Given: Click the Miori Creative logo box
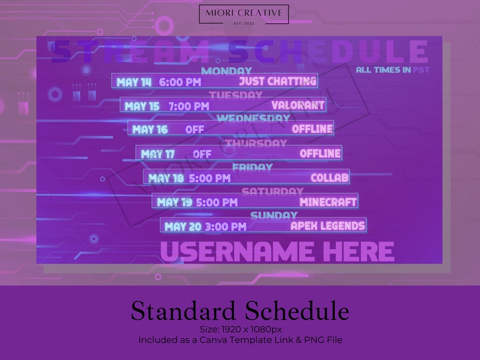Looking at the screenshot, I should pyautogui.click(x=244, y=14).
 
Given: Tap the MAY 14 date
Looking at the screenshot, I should pyautogui.click(x=134, y=82).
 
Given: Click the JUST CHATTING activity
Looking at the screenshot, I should pyautogui.click(x=277, y=81).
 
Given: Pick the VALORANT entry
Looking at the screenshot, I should pyautogui.click(x=297, y=105).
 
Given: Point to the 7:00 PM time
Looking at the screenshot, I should pyautogui.click(x=189, y=106).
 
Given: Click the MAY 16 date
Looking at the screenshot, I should pyautogui.click(x=150, y=129).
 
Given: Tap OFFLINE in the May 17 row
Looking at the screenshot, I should pyautogui.click(x=320, y=153).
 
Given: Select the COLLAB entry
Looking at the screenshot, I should pyautogui.click(x=329, y=178).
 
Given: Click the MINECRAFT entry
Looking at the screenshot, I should pyautogui.click(x=328, y=202).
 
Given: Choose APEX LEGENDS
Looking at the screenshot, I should pyautogui.click(x=328, y=226).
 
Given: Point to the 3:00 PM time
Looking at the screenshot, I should pyautogui.click(x=225, y=227).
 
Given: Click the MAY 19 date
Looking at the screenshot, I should pyautogui.click(x=174, y=202).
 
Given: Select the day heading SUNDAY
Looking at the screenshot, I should pyautogui.click(x=274, y=215).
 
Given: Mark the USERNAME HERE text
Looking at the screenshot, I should pyautogui.click(x=277, y=251).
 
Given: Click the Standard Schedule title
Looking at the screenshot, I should pyautogui.click(x=240, y=311).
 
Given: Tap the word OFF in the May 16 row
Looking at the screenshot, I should pyautogui.click(x=195, y=129).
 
